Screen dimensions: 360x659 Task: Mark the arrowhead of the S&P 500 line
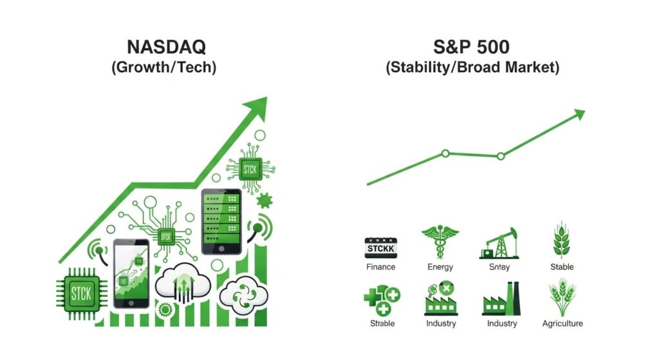coord(579,115)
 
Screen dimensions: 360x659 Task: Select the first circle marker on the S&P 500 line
coord(445,153)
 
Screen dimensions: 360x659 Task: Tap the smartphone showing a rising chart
coord(131,274)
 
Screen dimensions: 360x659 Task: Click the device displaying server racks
coord(221,221)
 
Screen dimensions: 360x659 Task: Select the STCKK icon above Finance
coord(380,247)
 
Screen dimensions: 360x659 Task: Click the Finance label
coord(380,267)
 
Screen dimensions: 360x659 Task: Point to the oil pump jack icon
coord(500,243)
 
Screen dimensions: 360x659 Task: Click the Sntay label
coord(501,267)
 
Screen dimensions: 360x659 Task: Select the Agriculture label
coord(562,323)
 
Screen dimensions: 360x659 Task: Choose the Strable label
coord(382,323)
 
